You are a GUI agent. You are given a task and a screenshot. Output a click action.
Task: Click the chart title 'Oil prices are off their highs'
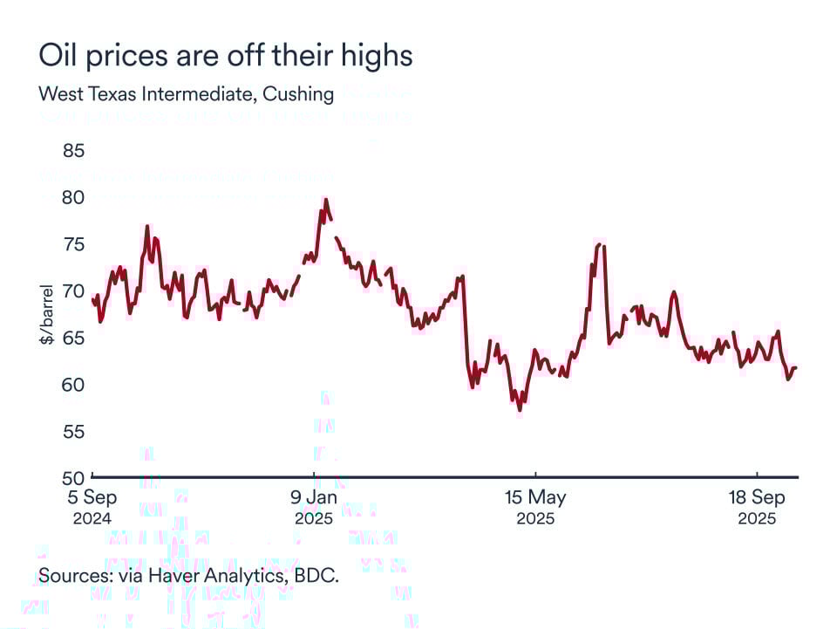[225, 57]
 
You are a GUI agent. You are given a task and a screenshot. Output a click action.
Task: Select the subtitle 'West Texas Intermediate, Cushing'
[186, 94]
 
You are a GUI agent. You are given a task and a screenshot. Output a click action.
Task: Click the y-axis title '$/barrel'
[46, 314]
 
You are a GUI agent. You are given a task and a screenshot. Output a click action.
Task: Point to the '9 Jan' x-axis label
[314, 498]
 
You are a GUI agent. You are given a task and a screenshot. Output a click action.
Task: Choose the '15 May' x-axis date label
[535, 498]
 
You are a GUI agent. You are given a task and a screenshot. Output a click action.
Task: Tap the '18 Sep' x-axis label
[757, 498]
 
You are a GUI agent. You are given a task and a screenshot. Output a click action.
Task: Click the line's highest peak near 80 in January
[325, 200]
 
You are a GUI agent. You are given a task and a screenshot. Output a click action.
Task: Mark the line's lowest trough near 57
[520, 409]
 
